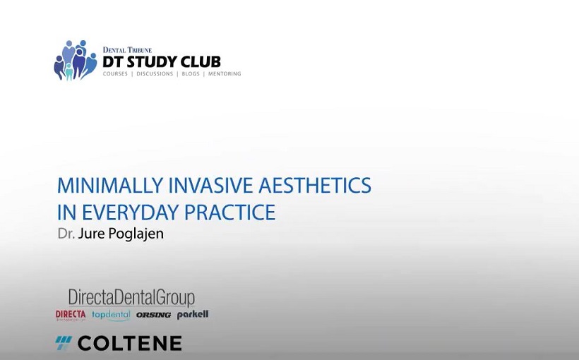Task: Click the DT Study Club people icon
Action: (x=76, y=60)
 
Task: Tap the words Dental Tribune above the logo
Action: (x=127, y=50)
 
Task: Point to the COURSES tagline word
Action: (x=115, y=74)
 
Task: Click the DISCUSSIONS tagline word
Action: (x=155, y=74)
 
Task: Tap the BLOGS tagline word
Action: (x=191, y=74)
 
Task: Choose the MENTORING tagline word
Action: (x=225, y=74)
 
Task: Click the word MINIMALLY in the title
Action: (x=110, y=186)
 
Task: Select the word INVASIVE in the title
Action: (x=211, y=186)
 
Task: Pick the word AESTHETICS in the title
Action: (x=315, y=186)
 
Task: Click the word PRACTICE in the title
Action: (x=229, y=212)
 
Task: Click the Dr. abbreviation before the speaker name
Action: (x=66, y=234)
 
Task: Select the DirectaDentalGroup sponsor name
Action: (x=131, y=298)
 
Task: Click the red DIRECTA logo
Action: (x=71, y=315)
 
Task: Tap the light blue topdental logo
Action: (x=111, y=315)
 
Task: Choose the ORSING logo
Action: (x=154, y=315)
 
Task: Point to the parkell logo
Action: (x=193, y=315)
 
